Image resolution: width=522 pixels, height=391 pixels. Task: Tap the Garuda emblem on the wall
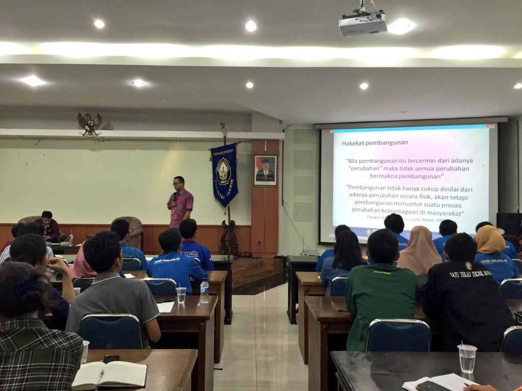[89, 124]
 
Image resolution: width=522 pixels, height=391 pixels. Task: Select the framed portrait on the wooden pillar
[265, 170]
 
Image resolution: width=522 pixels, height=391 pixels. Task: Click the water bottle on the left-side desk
[204, 292]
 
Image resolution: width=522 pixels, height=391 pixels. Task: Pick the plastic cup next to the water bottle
[181, 295]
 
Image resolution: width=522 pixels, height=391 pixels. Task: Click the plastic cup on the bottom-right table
[466, 358]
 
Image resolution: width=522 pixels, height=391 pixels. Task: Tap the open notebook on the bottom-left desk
[110, 374]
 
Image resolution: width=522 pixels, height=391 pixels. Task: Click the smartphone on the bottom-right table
[432, 386]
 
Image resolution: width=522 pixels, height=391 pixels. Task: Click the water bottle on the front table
[71, 239]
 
